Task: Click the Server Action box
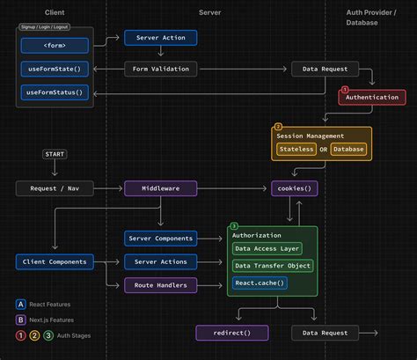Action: pyautogui.click(x=160, y=39)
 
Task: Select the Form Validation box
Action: pyautogui.click(x=160, y=69)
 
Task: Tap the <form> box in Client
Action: pyautogui.click(x=55, y=44)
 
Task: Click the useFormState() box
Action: pyautogui.click(x=55, y=69)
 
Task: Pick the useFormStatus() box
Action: pyautogui.click(x=55, y=92)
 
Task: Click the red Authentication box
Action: pyautogui.click(x=370, y=98)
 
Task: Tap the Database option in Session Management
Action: pyautogui.click(x=348, y=149)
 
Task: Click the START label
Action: pyautogui.click(x=55, y=155)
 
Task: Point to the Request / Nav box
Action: pyautogui.click(x=55, y=188)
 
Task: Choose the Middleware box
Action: pyautogui.click(x=160, y=188)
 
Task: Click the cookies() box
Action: pyautogui.click(x=294, y=188)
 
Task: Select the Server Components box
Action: pyautogui.click(x=160, y=239)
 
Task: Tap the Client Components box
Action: pyautogui.click(x=55, y=261)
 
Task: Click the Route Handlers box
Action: pyautogui.click(x=160, y=285)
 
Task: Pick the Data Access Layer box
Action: pyautogui.click(x=267, y=249)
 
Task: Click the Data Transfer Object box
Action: pyautogui.click(x=273, y=266)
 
